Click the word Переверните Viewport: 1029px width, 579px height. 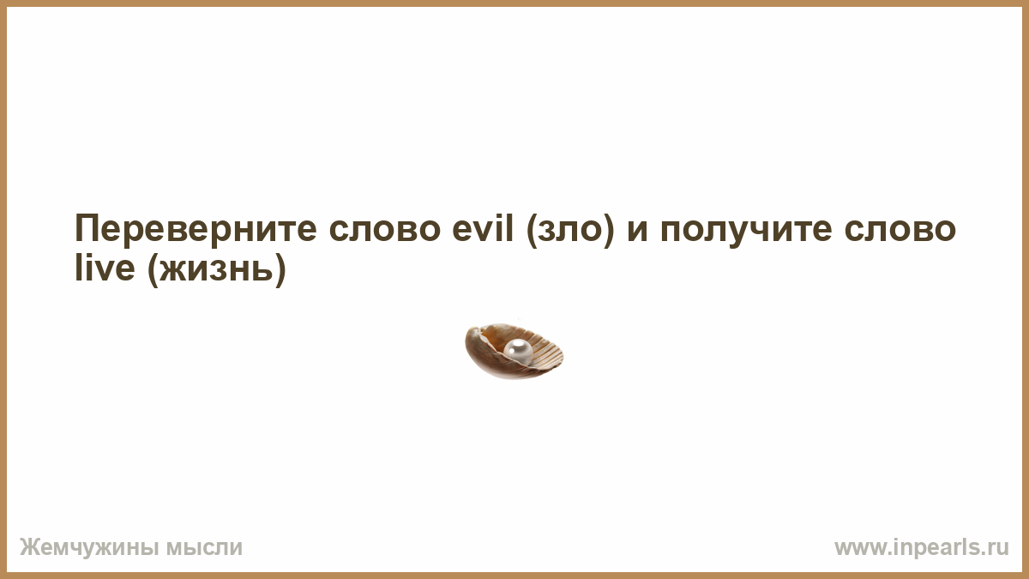click(196, 229)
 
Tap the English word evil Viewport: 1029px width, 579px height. click(482, 228)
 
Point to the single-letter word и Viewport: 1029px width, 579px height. click(638, 231)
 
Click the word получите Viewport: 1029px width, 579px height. click(746, 231)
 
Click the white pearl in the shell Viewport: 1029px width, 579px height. click(518, 352)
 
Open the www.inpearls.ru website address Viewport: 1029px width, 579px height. click(922, 548)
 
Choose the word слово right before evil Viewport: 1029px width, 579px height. click(385, 231)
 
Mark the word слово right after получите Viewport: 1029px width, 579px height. click(900, 231)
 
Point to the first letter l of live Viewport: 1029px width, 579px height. click(78, 267)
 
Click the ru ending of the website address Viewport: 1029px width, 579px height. click(1000, 549)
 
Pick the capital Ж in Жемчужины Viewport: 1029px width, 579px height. click(29, 547)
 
